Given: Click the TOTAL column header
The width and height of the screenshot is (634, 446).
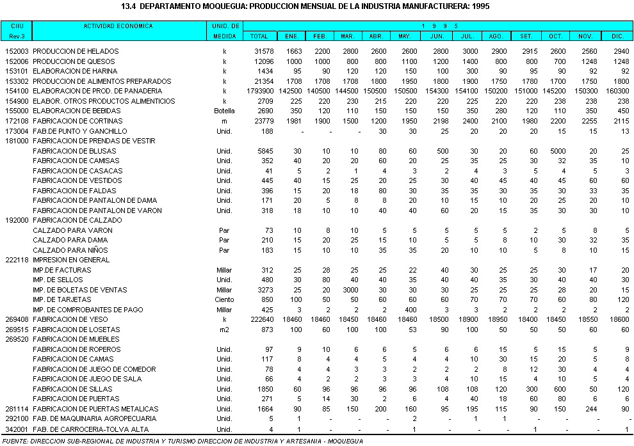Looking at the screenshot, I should (x=259, y=36).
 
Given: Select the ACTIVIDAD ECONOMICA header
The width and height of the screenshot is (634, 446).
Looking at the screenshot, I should (x=118, y=26).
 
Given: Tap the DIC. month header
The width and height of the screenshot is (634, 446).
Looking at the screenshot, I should (x=617, y=36).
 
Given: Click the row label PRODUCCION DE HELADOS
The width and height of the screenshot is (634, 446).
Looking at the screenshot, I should (x=76, y=51).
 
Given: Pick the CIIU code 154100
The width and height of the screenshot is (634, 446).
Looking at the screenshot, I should (x=17, y=91).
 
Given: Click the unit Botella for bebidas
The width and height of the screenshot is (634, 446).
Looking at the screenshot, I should (x=224, y=111).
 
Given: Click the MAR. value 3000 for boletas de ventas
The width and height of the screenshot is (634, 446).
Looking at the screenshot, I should (x=349, y=290).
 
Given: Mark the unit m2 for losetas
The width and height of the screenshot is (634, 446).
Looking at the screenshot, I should (x=224, y=330).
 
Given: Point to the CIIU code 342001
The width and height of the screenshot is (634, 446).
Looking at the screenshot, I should (x=17, y=429).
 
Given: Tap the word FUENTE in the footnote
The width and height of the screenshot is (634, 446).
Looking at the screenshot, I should (x=15, y=440).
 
